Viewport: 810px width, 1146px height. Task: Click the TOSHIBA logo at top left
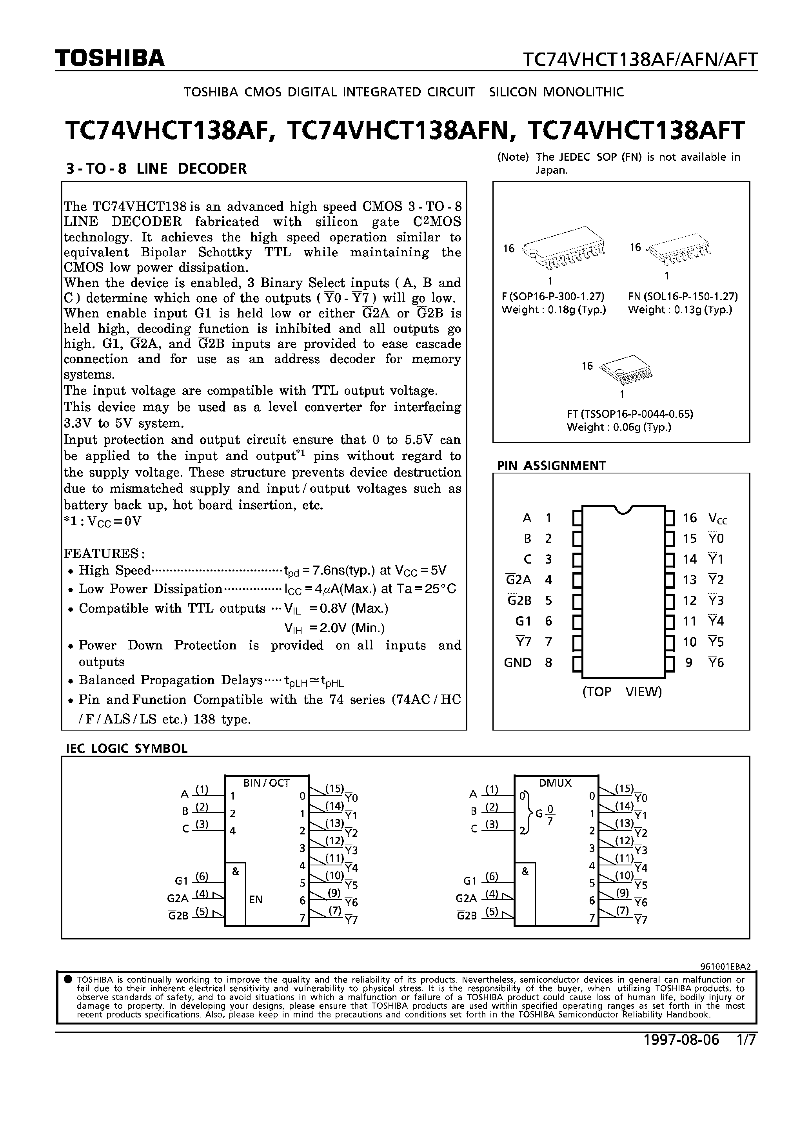pyautogui.click(x=109, y=59)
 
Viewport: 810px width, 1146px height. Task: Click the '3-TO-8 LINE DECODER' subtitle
pyautogui.click(x=156, y=169)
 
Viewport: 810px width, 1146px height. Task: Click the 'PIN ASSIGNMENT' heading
pyautogui.click(x=551, y=465)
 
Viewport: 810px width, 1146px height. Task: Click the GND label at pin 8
pyautogui.click(x=518, y=662)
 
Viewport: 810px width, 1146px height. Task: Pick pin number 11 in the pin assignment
pyautogui.click(x=689, y=621)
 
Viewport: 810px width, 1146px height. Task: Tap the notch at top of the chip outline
pyautogui.click(x=624, y=510)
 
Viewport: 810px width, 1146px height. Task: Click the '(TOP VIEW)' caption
pyautogui.click(x=622, y=691)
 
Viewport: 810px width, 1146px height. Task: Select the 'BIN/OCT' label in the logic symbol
pyautogui.click(x=266, y=783)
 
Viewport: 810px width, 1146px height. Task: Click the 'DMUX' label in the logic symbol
pyautogui.click(x=555, y=783)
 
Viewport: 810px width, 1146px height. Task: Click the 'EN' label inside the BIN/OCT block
pyautogui.click(x=256, y=899)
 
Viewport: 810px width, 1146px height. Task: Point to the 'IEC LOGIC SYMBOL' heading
pyautogui.click(x=127, y=748)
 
